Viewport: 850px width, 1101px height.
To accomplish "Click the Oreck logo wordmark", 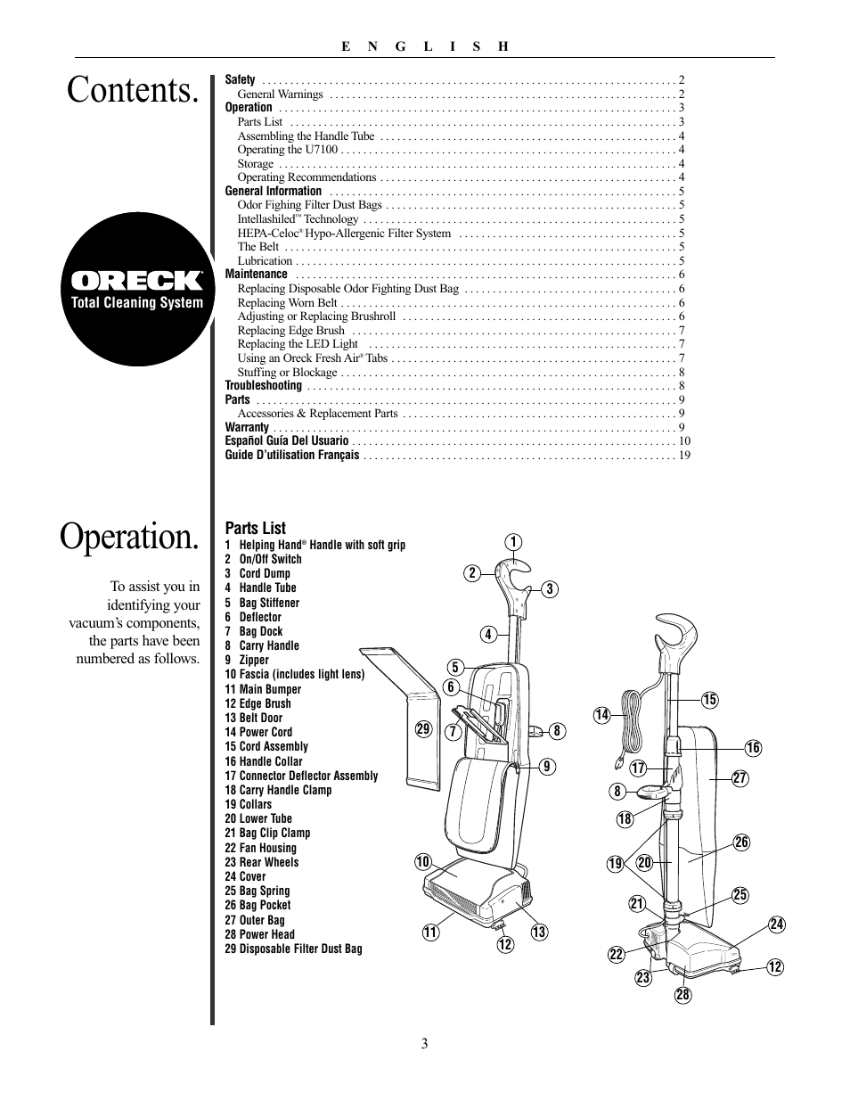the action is pos(137,281).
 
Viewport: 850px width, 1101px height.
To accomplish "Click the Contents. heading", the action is pos(132,90).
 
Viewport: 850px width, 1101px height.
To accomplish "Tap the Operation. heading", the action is pos(130,537).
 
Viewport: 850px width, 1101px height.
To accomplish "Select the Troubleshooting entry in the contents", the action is pos(264,386).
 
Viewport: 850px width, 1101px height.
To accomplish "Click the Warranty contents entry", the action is pos(247,427).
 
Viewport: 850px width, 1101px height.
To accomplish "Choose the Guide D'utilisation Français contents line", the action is pos(292,455).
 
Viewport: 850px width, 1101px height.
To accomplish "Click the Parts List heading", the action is pos(255,528).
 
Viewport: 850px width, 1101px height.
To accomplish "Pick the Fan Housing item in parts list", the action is pos(260,848).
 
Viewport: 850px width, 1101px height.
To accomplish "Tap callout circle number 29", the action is pos(422,729).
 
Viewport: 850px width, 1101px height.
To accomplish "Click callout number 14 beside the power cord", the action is pos(601,714).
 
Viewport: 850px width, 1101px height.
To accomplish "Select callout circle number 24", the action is pos(776,924).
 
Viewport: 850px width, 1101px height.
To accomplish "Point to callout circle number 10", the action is pos(422,861).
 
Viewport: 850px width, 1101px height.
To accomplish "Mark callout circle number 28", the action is pos(683,996).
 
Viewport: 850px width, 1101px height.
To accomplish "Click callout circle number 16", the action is pos(753,748).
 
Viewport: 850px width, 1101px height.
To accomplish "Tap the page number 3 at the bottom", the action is pos(425,1044).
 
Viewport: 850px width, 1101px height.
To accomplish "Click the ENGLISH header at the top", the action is pos(425,46).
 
